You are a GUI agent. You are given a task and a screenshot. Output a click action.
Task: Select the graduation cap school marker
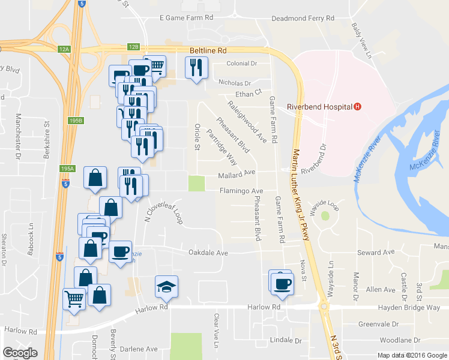coord(166,286)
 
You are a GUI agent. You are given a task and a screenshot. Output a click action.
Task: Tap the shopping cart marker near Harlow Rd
coord(74,298)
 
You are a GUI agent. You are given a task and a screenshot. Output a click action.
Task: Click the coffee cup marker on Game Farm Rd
coord(281,284)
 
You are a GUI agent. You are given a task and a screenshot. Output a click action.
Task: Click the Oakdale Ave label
coord(209,253)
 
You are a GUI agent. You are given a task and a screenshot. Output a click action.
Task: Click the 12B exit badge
coord(133,46)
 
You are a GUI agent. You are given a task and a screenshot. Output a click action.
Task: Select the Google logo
coord(20,353)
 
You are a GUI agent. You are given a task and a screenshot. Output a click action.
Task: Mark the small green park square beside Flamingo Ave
coord(196,183)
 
